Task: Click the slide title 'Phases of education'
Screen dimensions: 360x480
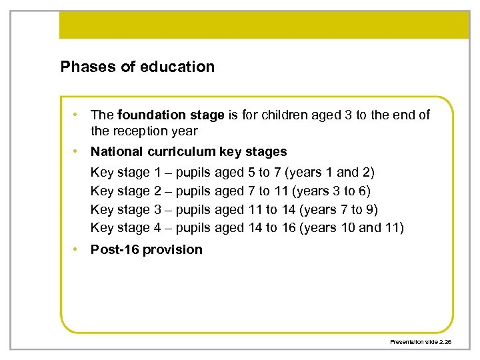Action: tap(137, 67)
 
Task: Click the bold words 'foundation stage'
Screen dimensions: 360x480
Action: tap(171, 115)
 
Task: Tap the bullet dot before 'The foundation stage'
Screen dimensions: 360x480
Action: tap(78, 115)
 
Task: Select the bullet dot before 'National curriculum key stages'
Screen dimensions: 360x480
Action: tap(78, 151)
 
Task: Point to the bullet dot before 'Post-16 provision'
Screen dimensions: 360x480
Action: tap(78, 249)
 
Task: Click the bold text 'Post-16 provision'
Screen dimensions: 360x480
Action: tap(146, 250)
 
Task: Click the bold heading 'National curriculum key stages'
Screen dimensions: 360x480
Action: tap(189, 151)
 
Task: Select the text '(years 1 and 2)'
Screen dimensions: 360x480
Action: tap(329, 173)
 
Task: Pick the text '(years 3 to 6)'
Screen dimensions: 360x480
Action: tap(328, 191)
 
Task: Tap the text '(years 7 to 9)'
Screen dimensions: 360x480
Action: tap(339, 210)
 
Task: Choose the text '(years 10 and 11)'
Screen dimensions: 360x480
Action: tap(352, 228)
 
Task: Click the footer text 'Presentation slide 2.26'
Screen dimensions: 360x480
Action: tap(421, 341)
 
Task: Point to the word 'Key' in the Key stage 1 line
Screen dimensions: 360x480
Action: tap(102, 173)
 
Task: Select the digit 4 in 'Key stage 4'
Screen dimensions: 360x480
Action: tap(157, 228)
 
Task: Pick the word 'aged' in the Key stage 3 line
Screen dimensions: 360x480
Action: tap(229, 210)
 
